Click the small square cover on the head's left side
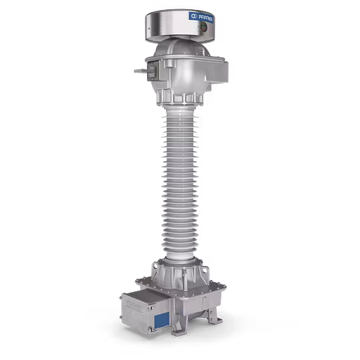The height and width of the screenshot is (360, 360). [151, 68]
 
